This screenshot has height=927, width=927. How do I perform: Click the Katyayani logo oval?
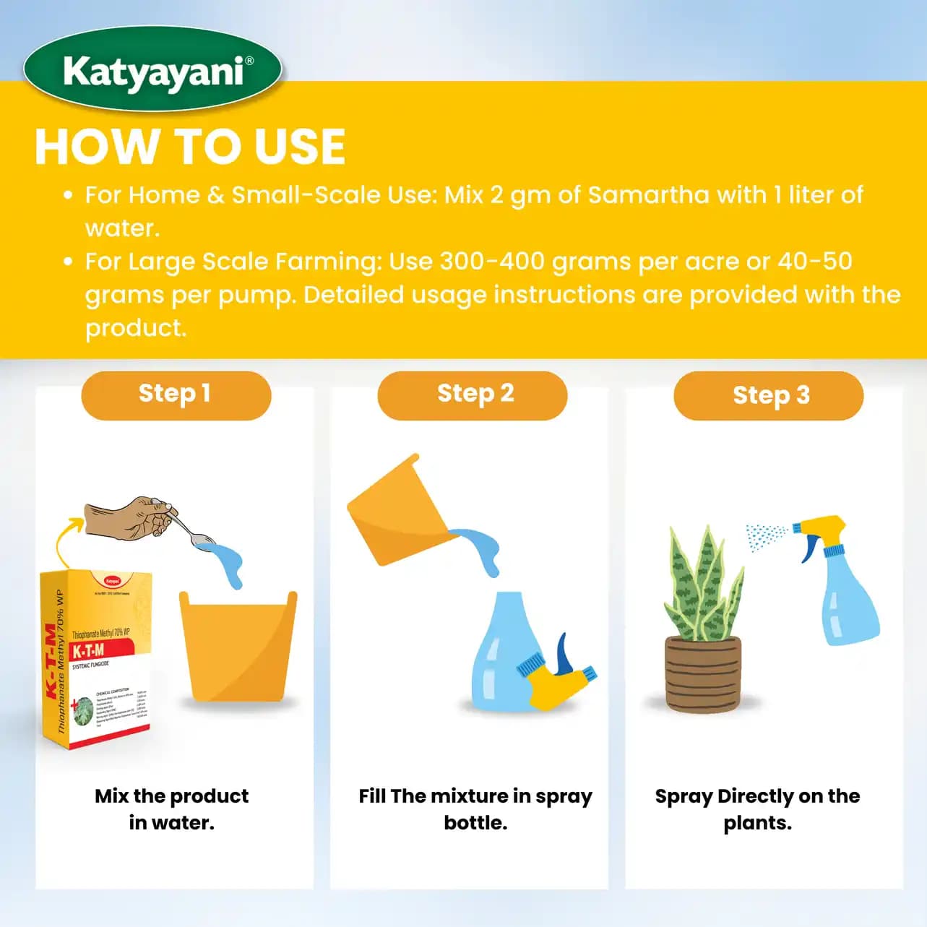tap(152, 70)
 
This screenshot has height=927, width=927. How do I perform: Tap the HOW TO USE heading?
tap(190, 147)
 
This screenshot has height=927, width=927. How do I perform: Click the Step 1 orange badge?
tap(176, 394)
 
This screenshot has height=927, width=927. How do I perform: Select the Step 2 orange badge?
tap(473, 394)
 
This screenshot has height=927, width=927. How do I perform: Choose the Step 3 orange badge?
tap(769, 395)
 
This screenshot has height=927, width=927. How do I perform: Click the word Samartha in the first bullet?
tap(648, 194)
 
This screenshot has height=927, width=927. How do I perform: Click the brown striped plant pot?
tap(702, 673)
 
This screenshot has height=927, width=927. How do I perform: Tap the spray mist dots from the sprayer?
tap(765, 537)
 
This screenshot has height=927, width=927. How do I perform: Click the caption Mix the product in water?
tap(172, 809)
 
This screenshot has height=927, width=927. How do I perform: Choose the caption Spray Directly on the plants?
tap(757, 809)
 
